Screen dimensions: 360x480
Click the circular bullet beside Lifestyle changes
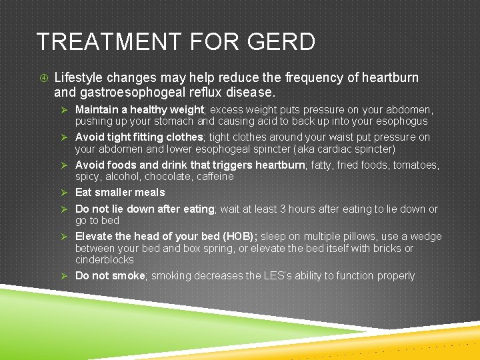click(x=43, y=77)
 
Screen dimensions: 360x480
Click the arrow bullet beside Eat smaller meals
click(x=65, y=193)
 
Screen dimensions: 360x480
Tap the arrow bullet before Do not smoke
click(x=65, y=276)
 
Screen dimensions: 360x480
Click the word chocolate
click(x=171, y=177)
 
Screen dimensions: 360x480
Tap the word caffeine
click(x=216, y=177)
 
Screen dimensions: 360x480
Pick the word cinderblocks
click(x=104, y=259)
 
